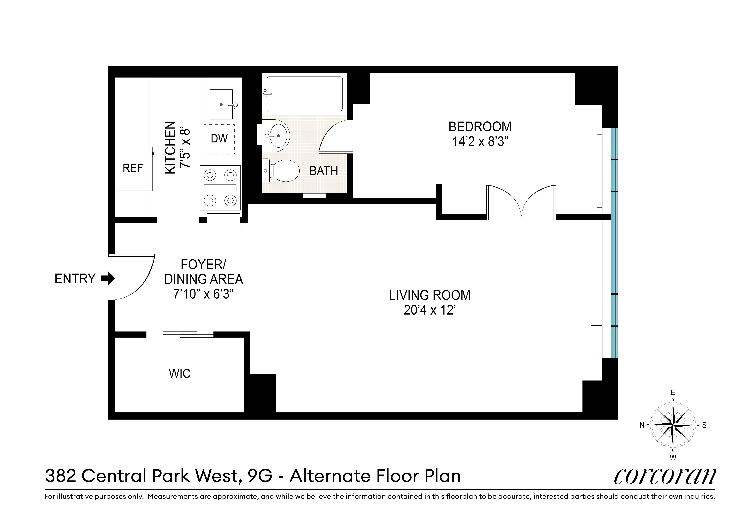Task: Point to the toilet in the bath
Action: (283, 171)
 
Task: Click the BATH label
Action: (324, 171)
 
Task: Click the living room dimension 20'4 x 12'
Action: (430, 310)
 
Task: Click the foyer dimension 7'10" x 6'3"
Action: (203, 294)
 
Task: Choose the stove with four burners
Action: (220, 188)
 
